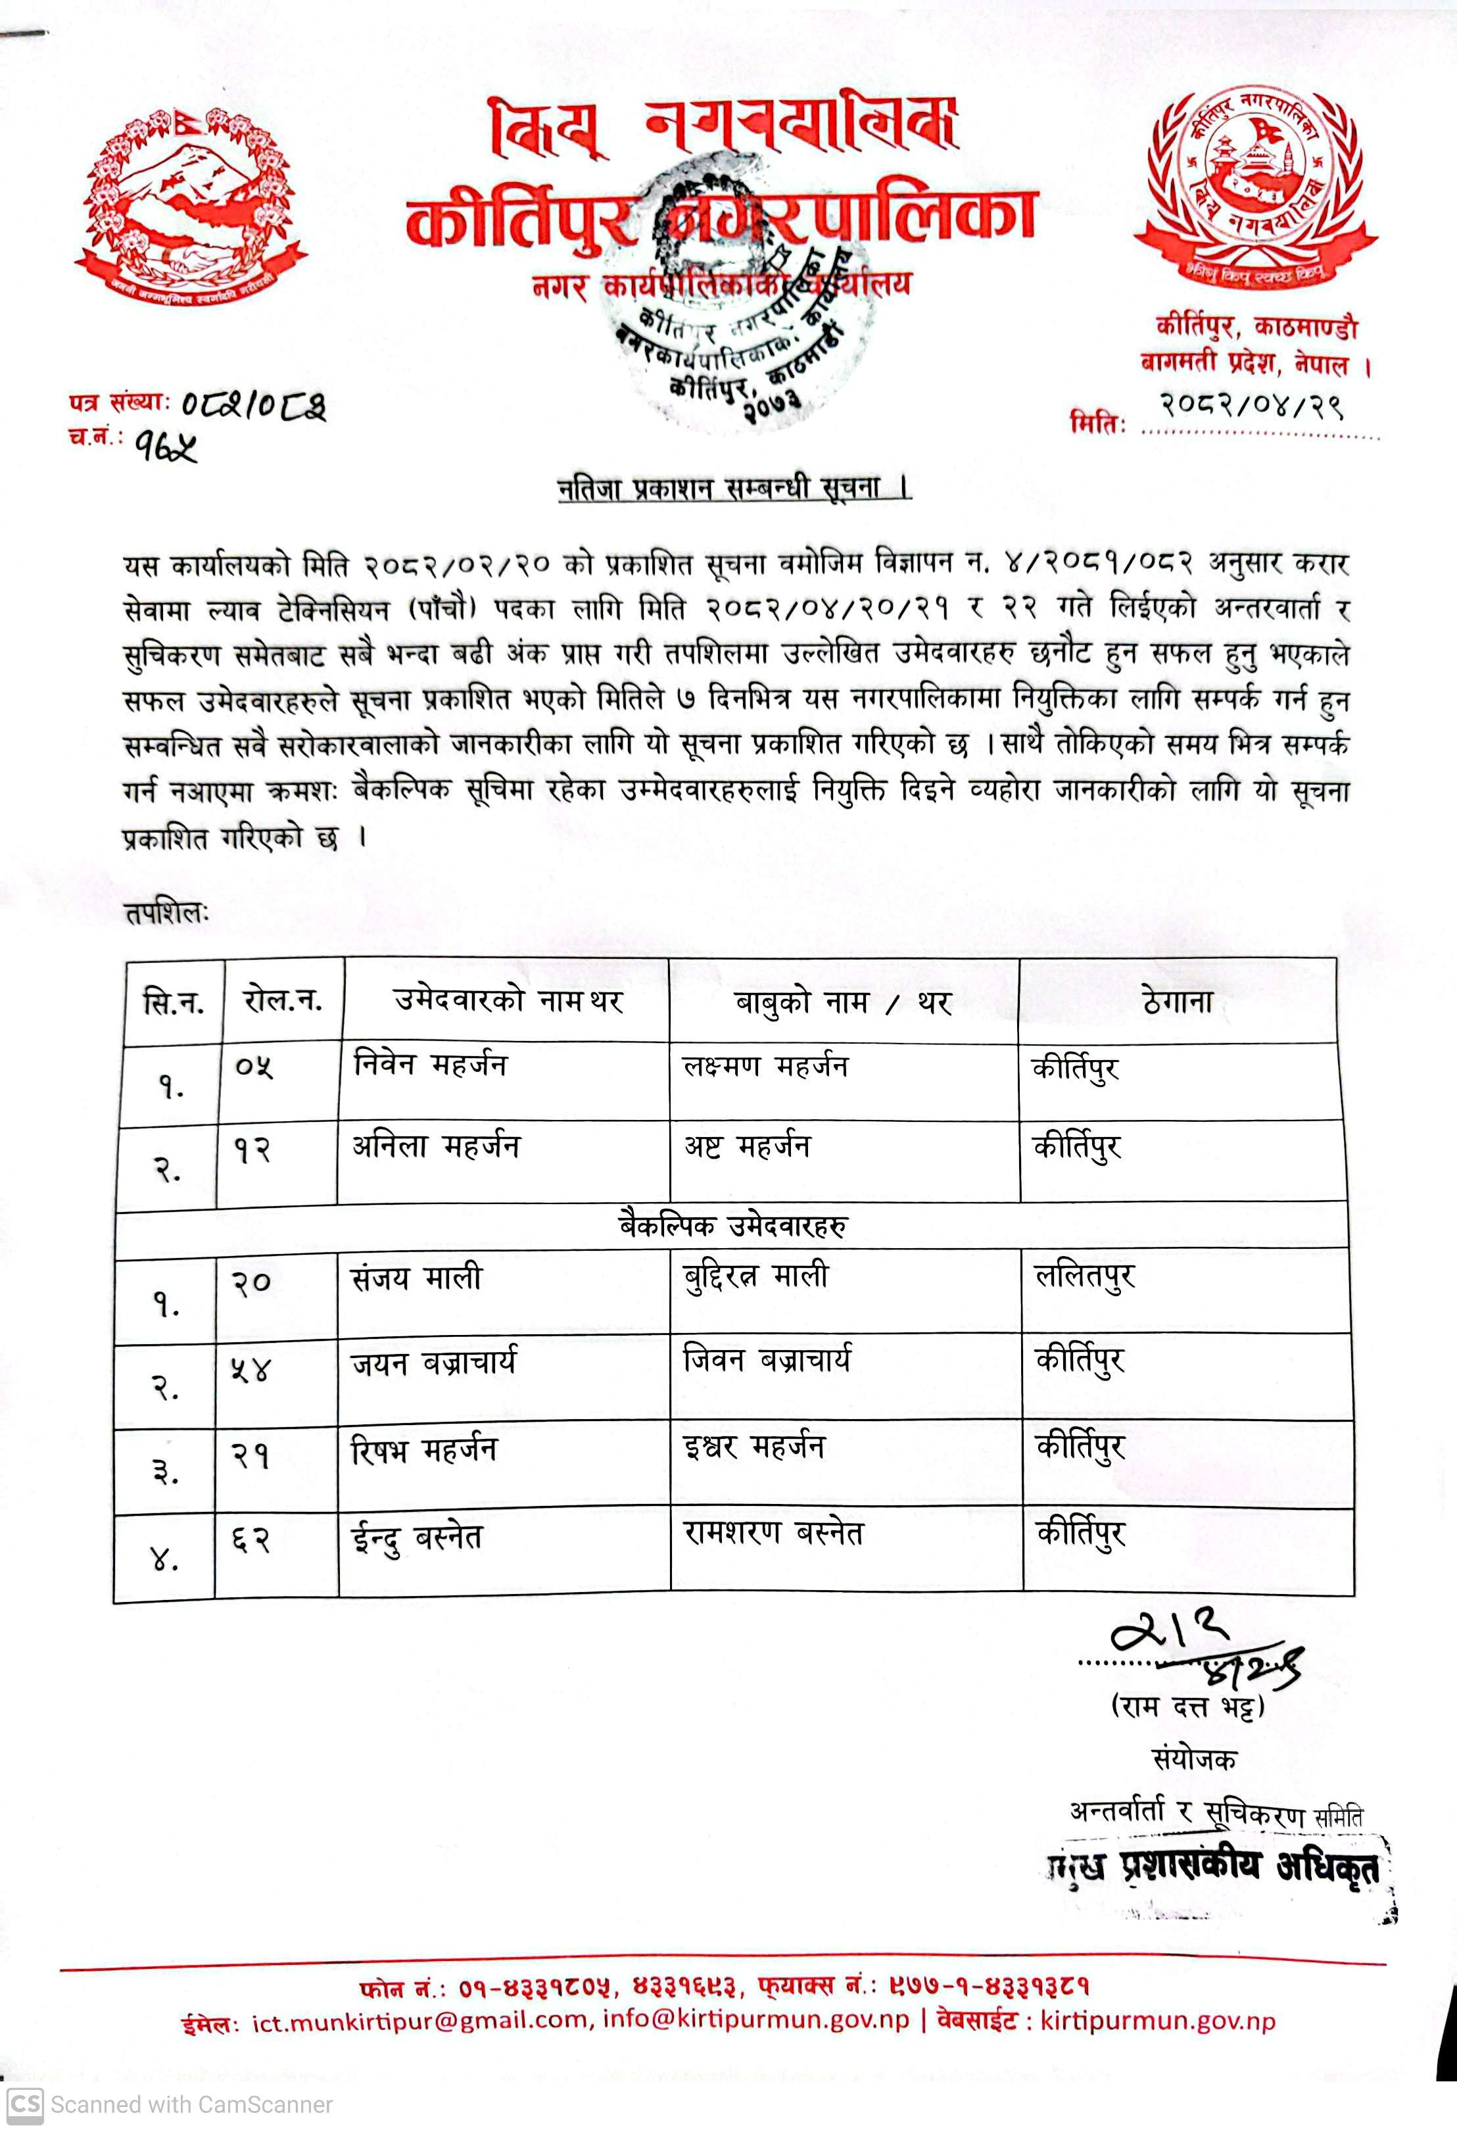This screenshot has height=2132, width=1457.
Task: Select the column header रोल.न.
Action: coord(283,1001)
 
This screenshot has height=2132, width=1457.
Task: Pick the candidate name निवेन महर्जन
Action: coord(430,1066)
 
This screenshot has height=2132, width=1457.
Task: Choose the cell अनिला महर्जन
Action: coord(437,1147)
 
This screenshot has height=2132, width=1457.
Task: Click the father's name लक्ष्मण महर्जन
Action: coord(765,1067)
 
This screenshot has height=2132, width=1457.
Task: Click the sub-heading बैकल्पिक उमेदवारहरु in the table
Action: coord(732,1226)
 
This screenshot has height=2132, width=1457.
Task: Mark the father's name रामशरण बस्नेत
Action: coord(774,1533)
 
